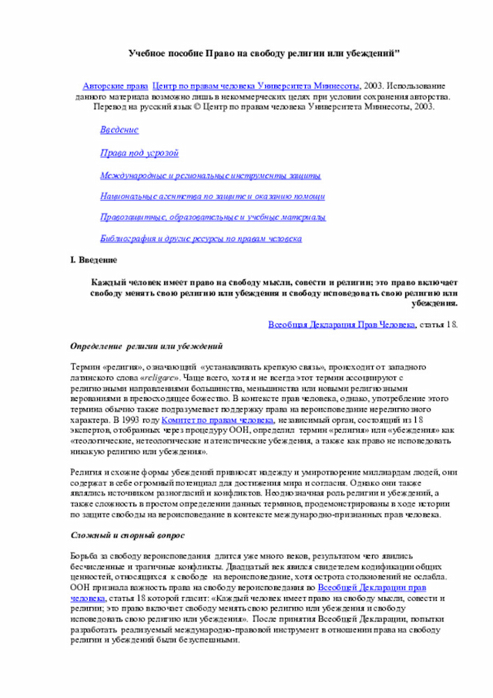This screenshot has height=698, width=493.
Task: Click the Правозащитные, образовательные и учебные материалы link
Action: [213, 217]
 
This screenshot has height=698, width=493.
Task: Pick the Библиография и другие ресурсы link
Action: [201, 239]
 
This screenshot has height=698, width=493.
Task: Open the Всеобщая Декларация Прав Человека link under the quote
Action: [342, 325]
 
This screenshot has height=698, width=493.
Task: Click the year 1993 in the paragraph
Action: [129, 421]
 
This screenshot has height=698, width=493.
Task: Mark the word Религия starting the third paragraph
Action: [86, 471]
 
